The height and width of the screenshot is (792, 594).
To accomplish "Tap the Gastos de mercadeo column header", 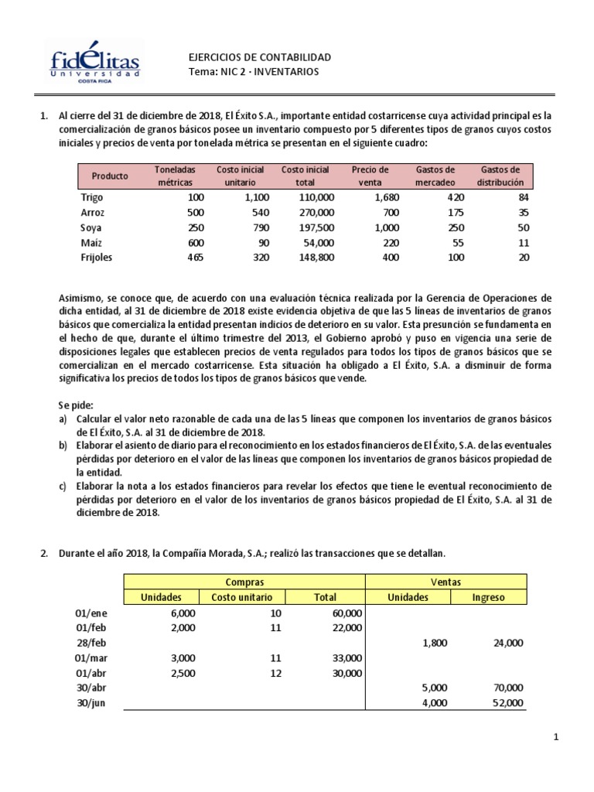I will click(435, 176).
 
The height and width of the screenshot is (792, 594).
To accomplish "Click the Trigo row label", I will click(91, 197).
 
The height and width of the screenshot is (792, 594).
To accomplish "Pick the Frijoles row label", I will click(96, 258).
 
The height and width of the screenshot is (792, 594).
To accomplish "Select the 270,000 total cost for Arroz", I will click(316, 213).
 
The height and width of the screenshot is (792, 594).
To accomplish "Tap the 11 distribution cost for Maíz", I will click(524, 243).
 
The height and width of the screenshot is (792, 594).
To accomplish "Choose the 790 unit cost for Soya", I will click(260, 227).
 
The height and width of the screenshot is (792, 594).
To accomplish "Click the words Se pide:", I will click(75, 405).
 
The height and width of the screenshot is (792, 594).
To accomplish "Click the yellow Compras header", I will click(244, 582).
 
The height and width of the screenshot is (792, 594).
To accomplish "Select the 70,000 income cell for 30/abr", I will click(507, 688).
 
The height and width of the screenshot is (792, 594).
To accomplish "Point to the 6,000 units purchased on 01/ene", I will click(183, 612).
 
